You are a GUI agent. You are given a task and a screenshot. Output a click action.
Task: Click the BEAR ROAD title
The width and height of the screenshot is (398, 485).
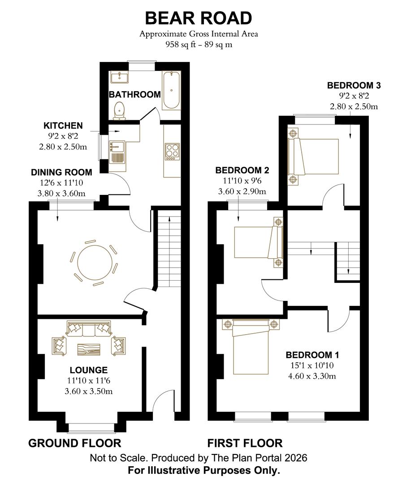pyautogui.click(x=198, y=18)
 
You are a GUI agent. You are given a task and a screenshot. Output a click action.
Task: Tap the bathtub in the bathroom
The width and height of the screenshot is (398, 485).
pyautogui.click(x=171, y=90)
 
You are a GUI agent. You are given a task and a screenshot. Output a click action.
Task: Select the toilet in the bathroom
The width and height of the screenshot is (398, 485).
pyautogui.click(x=119, y=111)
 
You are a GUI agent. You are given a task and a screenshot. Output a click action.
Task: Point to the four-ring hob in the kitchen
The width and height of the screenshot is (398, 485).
pyautogui.click(x=172, y=152)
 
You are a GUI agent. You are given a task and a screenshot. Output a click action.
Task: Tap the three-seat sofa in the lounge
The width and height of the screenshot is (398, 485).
pyautogui.click(x=89, y=328)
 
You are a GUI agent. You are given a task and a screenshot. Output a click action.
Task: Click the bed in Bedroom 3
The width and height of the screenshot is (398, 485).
pyautogui.click(x=313, y=157)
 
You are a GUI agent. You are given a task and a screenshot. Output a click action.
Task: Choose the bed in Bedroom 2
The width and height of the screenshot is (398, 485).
pyautogui.click(x=258, y=242)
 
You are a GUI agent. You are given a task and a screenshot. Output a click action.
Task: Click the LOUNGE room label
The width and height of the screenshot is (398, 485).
pyautogui.click(x=89, y=370)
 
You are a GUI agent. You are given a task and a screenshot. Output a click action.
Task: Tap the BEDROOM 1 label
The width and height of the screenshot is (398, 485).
pyautogui.click(x=312, y=355)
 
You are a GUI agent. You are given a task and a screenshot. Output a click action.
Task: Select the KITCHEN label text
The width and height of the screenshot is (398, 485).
pyautogui.click(x=63, y=126)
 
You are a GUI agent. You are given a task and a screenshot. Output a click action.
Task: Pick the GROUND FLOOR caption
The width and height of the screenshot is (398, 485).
pyautogui.click(x=75, y=443)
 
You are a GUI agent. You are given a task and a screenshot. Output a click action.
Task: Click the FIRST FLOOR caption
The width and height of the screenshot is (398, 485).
pyautogui.click(x=245, y=443)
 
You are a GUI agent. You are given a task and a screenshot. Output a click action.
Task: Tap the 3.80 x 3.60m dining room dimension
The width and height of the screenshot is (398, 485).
pyautogui.click(x=61, y=194)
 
